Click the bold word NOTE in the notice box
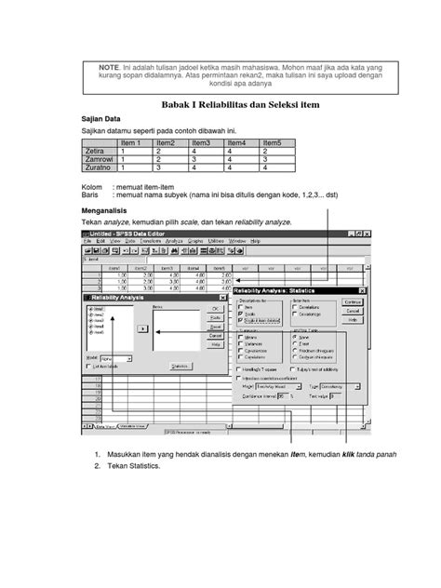click(110, 68)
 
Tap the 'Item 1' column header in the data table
click(130, 142)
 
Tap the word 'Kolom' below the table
click(95, 187)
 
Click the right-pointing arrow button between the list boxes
click(142, 328)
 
